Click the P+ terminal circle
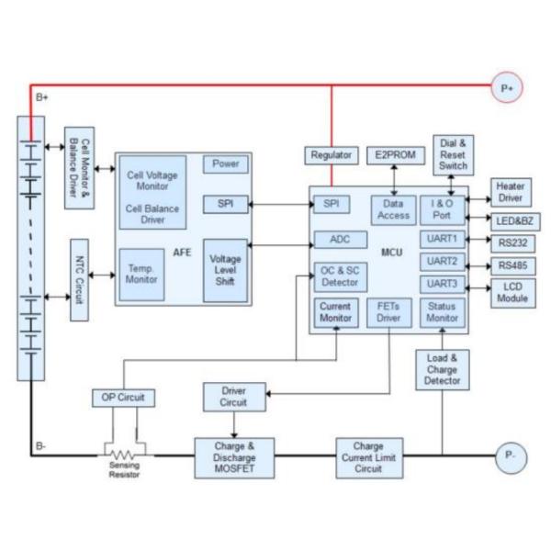(x=509, y=88)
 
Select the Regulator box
(x=330, y=155)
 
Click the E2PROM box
(x=395, y=155)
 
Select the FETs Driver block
(x=388, y=314)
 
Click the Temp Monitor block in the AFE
(x=141, y=274)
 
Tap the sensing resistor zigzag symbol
(x=122, y=455)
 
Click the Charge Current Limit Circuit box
(x=367, y=455)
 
